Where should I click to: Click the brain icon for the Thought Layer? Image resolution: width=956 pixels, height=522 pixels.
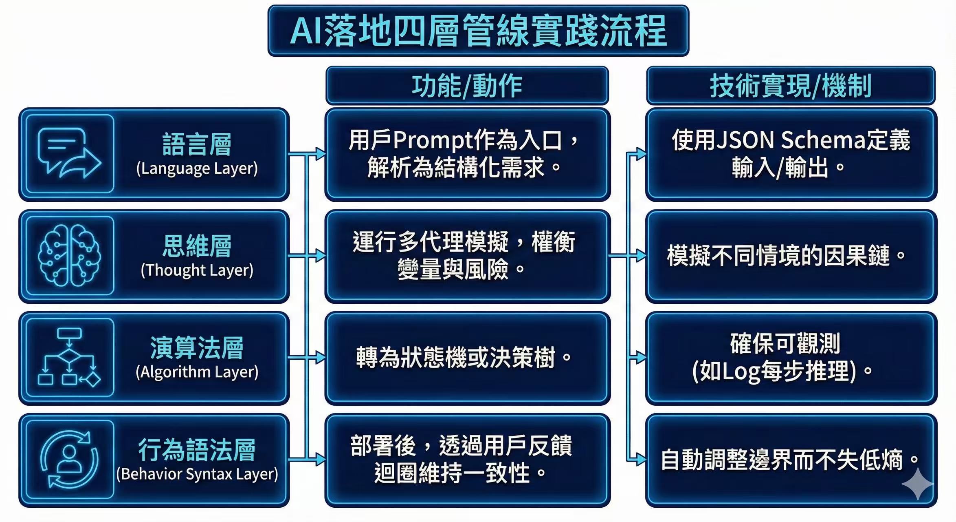[69, 256]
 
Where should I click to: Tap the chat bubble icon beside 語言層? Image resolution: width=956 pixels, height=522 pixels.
[69, 153]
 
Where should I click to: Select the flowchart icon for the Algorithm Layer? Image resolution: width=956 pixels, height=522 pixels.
[69, 357]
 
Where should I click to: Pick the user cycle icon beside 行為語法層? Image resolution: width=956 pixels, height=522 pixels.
[69, 460]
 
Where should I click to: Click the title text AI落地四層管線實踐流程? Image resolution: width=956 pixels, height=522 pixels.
[478, 31]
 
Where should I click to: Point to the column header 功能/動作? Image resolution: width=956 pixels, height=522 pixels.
[467, 86]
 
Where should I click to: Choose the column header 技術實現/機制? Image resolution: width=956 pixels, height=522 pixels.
[790, 86]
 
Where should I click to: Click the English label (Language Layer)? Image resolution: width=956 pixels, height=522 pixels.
[197, 168]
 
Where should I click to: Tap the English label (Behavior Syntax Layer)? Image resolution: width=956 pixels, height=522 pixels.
[197, 474]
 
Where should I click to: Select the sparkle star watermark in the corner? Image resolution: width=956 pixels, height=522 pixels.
[917, 484]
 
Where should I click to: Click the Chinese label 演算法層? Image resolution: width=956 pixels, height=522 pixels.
[197, 348]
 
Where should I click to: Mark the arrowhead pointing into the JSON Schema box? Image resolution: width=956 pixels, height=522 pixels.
[641, 154]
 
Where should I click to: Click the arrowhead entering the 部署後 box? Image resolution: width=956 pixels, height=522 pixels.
[321, 460]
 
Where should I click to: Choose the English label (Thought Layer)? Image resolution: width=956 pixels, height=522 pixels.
[197, 270]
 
